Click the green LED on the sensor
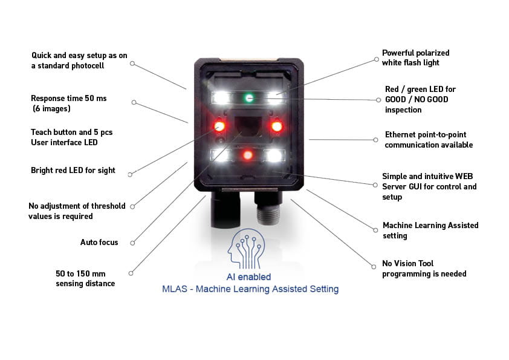(x=248, y=97)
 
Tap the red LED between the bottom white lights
(x=247, y=155)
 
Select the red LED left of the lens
(x=218, y=126)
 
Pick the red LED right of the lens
(x=277, y=126)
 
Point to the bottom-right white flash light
(x=275, y=155)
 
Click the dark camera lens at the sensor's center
(x=247, y=127)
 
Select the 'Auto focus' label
(x=99, y=243)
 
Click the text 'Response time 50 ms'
(x=68, y=98)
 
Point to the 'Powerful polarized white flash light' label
(x=416, y=58)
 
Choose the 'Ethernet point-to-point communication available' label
(x=429, y=140)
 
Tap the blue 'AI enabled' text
(x=244, y=277)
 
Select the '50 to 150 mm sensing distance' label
(x=85, y=278)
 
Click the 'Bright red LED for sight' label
(x=73, y=171)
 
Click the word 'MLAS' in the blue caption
(x=175, y=289)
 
